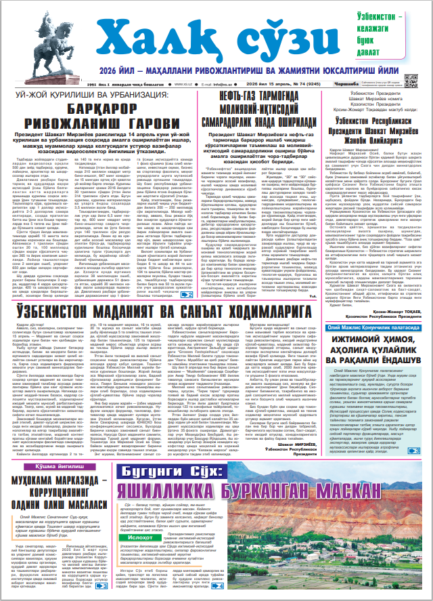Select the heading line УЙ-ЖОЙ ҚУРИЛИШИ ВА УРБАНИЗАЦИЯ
point(101,96)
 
